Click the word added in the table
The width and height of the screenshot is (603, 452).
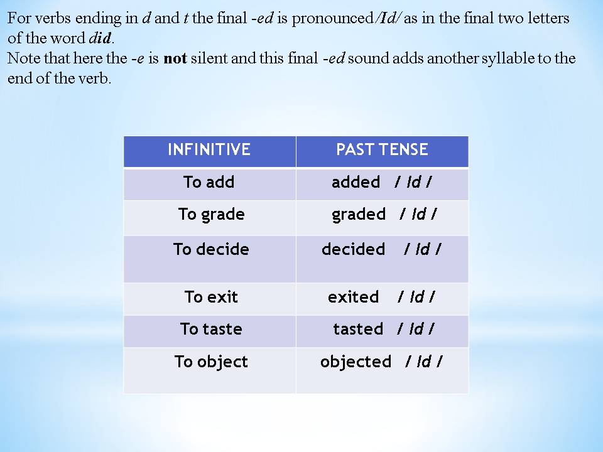356,182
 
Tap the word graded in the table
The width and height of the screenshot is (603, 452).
359,215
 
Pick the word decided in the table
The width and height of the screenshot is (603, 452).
353,249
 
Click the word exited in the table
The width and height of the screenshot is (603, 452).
353,297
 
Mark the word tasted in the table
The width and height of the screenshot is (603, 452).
358,329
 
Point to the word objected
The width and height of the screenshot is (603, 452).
356,362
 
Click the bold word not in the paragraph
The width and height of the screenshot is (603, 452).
175,58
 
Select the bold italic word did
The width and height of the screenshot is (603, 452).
100,38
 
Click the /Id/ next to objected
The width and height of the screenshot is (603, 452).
423,362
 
